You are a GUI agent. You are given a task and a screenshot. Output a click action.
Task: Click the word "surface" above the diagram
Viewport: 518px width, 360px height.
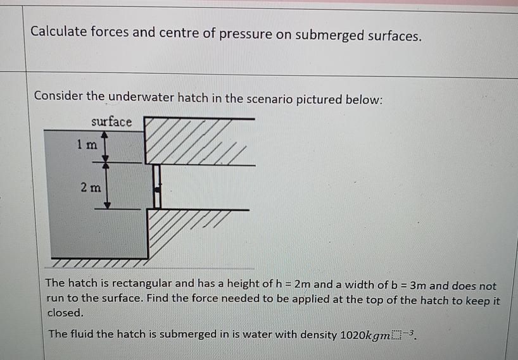111,121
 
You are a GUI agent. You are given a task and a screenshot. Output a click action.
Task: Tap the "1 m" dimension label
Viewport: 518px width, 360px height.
87,145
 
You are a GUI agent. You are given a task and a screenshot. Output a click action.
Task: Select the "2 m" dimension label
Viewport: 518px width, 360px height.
91,187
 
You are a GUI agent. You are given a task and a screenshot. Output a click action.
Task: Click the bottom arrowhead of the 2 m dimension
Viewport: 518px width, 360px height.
107,204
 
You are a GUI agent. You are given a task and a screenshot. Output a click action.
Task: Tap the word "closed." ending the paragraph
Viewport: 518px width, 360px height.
66,313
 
